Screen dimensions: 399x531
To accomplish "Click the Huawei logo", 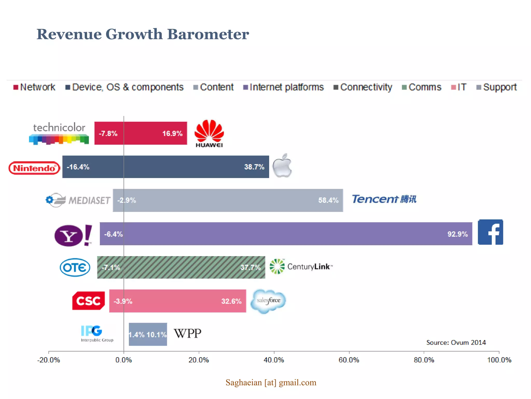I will (x=209, y=133).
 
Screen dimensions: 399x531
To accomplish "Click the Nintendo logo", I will (x=34, y=168).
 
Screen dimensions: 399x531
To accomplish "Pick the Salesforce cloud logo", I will (x=268, y=301).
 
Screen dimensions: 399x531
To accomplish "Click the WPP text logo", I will (x=187, y=334).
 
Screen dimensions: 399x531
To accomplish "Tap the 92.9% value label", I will (x=457, y=234).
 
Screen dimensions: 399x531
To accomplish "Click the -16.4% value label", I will (x=78, y=167).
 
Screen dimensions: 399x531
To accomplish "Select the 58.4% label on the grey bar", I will (x=328, y=200).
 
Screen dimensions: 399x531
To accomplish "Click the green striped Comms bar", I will (x=181, y=267).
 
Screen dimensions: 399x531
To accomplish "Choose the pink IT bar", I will (x=178, y=301).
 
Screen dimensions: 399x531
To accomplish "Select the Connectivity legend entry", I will (x=363, y=87).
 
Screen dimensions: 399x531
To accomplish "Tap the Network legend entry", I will (x=34, y=87).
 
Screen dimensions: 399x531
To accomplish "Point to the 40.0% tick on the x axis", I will (x=274, y=360).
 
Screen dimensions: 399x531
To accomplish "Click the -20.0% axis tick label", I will (x=48, y=360).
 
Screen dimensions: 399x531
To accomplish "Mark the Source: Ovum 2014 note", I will (x=456, y=342).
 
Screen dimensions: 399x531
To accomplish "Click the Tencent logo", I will (x=384, y=199).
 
